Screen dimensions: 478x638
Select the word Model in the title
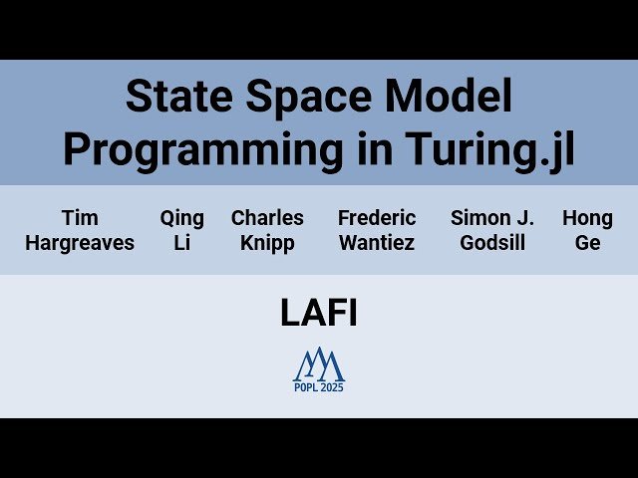pos(452,98)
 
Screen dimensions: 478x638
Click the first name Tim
pos(80,218)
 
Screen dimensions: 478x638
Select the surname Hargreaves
pos(80,243)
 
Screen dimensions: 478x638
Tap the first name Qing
pos(182,218)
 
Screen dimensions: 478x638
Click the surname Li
pos(182,243)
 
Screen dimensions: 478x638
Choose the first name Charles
pos(267,218)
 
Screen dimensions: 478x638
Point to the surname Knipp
pos(267,243)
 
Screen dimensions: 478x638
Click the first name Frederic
pos(377,218)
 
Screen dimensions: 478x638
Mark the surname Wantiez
pos(377,243)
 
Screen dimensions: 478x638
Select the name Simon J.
pos(492,218)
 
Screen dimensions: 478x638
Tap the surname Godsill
pos(492,243)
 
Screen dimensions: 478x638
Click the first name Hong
pos(587,218)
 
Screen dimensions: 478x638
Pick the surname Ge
pos(587,243)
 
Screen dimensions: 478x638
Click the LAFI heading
pos(319,314)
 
